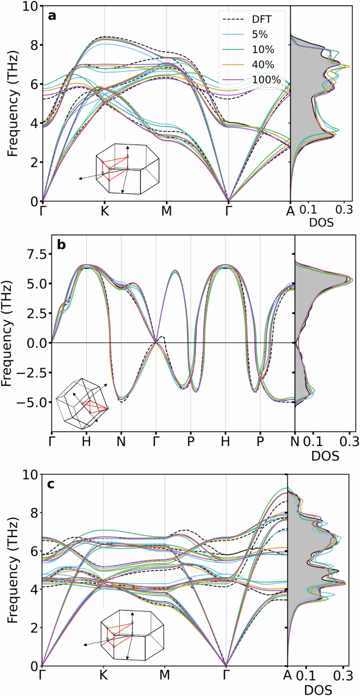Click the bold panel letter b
[x=61, y=245]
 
